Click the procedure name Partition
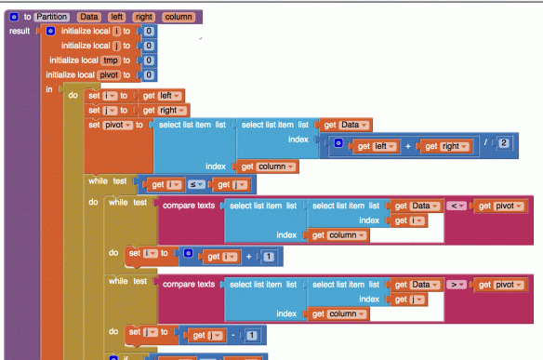point(52,17)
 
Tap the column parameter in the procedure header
point(177,17)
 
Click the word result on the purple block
point(20,31)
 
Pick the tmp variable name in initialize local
point(110,60)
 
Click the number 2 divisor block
point(503,141)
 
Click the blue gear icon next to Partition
point(14,17)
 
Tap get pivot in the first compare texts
point(503,205)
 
